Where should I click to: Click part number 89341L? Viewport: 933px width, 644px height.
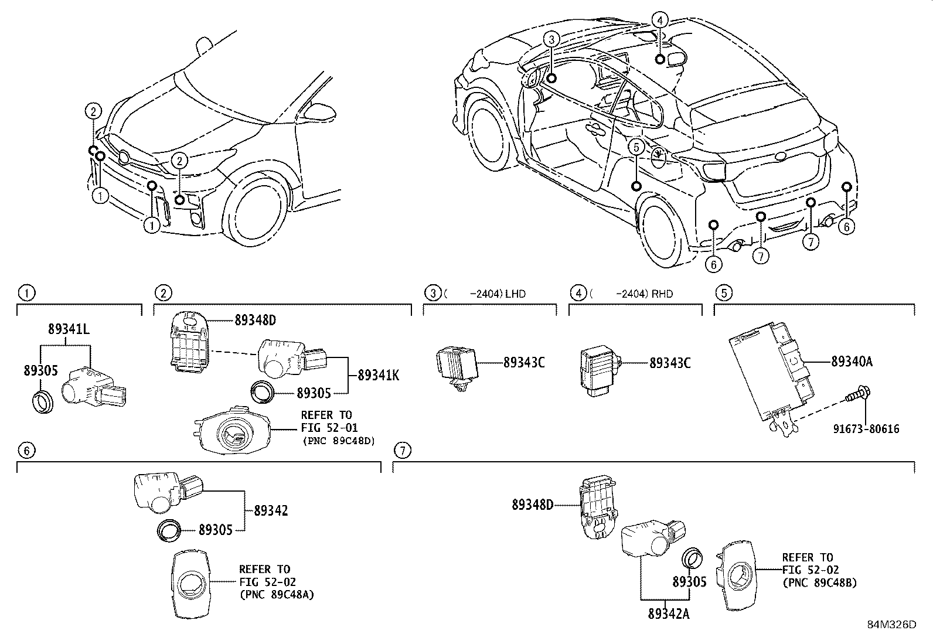coord(69,330)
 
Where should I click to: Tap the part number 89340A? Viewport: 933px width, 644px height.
coord(852,362)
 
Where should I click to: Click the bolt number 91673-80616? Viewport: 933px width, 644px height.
coord(866,429)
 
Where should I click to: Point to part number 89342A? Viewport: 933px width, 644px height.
coord(668,614)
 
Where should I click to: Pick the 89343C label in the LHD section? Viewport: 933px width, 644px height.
coord(524,363)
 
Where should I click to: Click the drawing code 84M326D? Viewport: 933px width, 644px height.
coord(891,624)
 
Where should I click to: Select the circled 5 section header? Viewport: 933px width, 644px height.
coord(723,292)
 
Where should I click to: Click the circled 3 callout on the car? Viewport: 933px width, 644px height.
coord(551,40)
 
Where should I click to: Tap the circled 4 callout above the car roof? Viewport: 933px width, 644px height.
coord(659,20)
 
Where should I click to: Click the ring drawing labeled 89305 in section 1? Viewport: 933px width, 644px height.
coord(42,401)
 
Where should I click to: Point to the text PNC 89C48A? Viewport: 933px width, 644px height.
coord(277,594)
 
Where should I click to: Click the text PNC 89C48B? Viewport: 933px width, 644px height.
coord(819,582)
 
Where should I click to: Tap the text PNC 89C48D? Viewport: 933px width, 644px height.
coord(338,440)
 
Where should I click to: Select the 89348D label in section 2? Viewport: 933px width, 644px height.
coord(255,320)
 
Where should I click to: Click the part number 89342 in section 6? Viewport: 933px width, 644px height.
coord(271,510)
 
